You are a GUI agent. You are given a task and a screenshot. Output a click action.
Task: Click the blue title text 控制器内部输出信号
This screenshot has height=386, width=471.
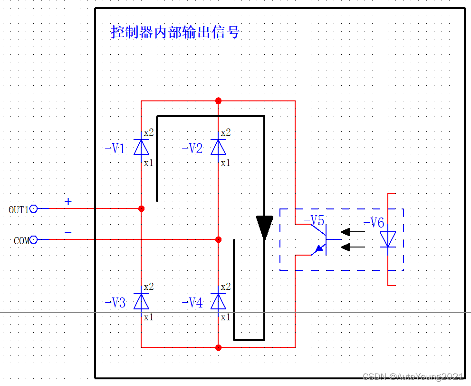click(x=175, y=32)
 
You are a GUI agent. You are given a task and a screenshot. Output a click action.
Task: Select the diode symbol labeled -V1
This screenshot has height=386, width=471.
click(x=141, y=147)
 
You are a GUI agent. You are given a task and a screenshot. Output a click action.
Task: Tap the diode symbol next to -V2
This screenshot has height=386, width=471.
click(x=218, y=147)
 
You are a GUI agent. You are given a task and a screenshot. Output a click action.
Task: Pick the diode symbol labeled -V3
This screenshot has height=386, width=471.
click(x=141, y=301)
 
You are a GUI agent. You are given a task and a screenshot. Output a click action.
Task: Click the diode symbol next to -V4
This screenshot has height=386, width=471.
click(x=218, y=301)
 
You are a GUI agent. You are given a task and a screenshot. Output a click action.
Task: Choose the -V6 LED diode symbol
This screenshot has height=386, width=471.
click(x=388, y=239)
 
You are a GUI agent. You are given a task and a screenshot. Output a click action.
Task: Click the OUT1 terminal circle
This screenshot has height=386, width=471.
click(x=34, y=208)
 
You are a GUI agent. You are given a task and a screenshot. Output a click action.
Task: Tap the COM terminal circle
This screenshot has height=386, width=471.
click(x=34, y=240)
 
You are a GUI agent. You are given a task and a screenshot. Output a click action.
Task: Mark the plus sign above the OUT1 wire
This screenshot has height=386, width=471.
click(x=68, y=201)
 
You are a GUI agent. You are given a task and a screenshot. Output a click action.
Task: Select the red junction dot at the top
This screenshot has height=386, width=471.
click(x=218, y=101)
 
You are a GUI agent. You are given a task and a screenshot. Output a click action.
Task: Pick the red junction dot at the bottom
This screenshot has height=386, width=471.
click(x=218, y=347)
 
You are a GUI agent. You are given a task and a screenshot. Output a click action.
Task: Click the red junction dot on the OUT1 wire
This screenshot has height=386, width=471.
click(x=141, y=208)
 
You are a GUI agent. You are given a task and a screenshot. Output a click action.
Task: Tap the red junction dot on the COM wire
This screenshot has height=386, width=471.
click(x=218, y=239)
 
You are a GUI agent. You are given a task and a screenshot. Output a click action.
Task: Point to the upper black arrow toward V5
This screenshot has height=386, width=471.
click(x=353, y=232)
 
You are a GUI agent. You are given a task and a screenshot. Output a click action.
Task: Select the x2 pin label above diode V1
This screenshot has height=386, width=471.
click(x=149, y=132)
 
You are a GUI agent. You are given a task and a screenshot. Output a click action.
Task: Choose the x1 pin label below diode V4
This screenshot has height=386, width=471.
click(x=225, y=317)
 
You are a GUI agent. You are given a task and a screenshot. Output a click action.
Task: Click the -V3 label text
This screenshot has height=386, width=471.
click(x=115, y=303)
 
